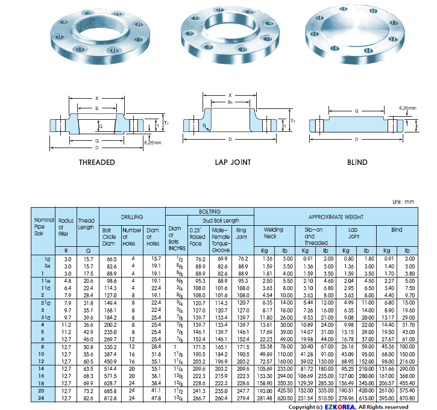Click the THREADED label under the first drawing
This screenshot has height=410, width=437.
96,163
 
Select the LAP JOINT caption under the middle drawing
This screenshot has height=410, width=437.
232,163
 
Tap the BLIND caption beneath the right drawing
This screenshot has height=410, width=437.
357,163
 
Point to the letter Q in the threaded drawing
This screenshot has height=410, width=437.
101,126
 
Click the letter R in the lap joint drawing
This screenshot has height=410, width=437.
205,126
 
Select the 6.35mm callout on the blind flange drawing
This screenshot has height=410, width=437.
407,108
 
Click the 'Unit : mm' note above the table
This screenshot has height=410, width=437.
404,202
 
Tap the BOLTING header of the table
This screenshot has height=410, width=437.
209,211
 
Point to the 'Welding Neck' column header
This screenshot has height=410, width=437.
274,233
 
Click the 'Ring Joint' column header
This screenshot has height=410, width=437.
241,233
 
